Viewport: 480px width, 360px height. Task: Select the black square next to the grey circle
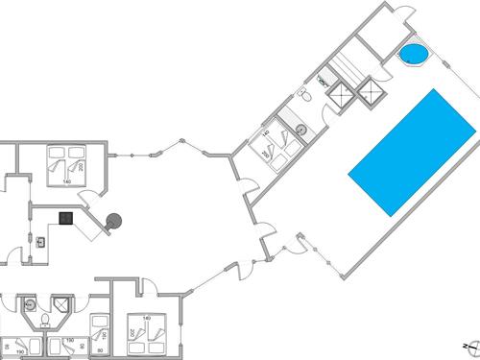[65, 218]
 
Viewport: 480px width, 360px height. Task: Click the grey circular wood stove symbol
[114, 221]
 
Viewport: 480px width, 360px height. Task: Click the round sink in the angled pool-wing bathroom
[300, 128]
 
